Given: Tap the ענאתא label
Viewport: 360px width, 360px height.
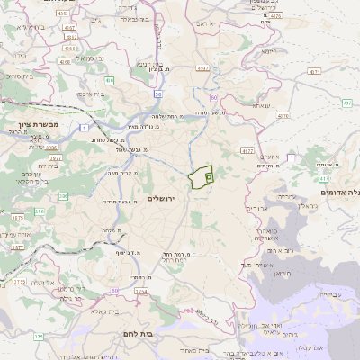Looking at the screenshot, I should pyautogui.click(x=262, y=106).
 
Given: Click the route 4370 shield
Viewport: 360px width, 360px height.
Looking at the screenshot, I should pyautogui.click(x=283, y=116).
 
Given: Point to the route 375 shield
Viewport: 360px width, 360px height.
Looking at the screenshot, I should pyautogui.click(x=39, y=337).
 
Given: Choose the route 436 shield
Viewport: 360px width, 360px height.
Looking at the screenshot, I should pyautogui.click(x=109, y=81).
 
